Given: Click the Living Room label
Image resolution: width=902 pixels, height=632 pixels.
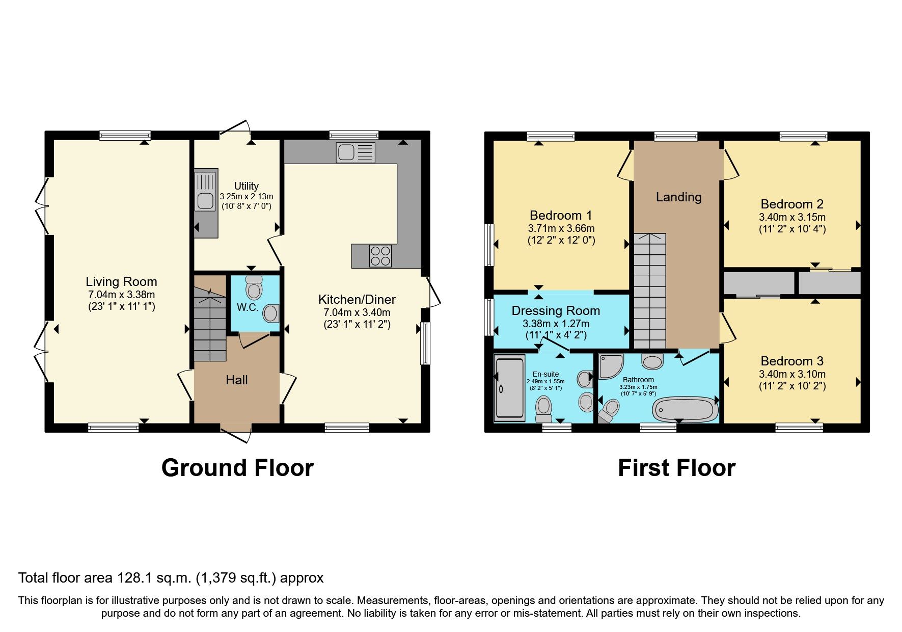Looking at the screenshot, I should [x=121, y=281].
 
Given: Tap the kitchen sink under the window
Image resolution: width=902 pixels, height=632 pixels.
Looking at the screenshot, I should [x=355, y=152].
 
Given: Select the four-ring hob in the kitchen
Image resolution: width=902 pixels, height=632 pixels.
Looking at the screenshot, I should [x=380, y=256].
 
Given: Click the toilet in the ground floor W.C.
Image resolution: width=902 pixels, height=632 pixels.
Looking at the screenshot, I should [x=254, y=288].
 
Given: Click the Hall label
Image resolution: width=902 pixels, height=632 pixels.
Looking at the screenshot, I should [x=237, y=380].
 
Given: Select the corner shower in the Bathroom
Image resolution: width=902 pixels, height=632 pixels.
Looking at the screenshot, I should [x=610, y=366].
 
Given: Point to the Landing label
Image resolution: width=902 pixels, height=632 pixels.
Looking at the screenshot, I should [x=678, y=197].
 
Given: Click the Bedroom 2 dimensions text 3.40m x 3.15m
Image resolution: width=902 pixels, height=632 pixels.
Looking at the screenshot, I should [x=792, y=217].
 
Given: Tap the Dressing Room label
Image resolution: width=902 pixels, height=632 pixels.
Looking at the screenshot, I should [x=556, y=310].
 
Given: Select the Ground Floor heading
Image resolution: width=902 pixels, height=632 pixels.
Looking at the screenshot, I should [x=237, y=468].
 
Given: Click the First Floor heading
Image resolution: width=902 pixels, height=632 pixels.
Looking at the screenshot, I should [x=676, y=468].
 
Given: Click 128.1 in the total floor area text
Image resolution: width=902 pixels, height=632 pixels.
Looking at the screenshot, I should [x=134, y=578].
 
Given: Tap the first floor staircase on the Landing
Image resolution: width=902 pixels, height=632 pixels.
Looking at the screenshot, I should [x=650, y=291].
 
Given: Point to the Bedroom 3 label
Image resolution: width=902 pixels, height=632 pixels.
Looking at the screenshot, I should [x=792, y=361].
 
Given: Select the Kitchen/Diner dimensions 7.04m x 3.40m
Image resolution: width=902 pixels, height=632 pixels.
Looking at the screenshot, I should [x=357, y=312].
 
